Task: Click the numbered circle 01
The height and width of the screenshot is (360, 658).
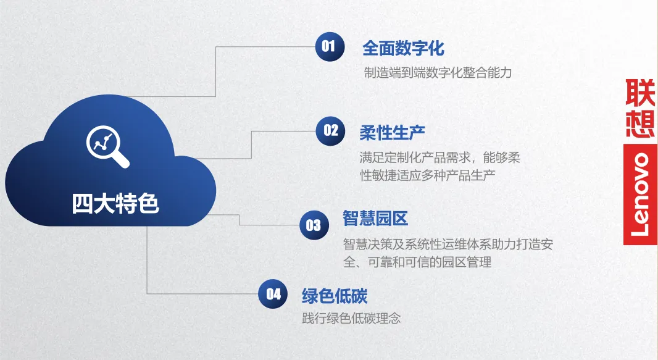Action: click(330, 46)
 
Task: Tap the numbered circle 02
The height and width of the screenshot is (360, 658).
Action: click(331, 130)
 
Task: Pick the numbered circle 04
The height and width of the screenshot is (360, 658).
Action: click(273, 295)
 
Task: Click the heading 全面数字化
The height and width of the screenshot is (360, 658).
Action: click(403, 48)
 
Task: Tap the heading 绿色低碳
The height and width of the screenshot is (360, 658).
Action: click(335, 296)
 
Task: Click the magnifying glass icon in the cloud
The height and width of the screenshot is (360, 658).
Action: click(107, 146)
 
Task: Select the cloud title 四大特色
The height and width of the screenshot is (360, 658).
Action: click(115, 203)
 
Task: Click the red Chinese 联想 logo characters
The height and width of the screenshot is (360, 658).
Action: click(640, 107)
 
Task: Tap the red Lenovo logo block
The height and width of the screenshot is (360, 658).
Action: click(640, 195)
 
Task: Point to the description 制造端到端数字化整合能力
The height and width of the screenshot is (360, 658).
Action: click(438, 73)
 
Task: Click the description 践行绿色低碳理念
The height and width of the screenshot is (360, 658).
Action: click(351, 319)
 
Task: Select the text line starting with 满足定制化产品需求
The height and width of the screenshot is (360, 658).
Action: click(439, 158)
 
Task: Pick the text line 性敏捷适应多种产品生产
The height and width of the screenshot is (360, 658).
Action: click(427, 175)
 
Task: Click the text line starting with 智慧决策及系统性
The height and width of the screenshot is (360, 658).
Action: click(448, 245)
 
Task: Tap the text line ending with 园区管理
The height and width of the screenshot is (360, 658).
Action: click(417, 262)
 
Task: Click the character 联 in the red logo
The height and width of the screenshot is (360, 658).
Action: click(640, 93)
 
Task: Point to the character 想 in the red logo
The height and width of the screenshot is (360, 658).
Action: click(640, 123)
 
